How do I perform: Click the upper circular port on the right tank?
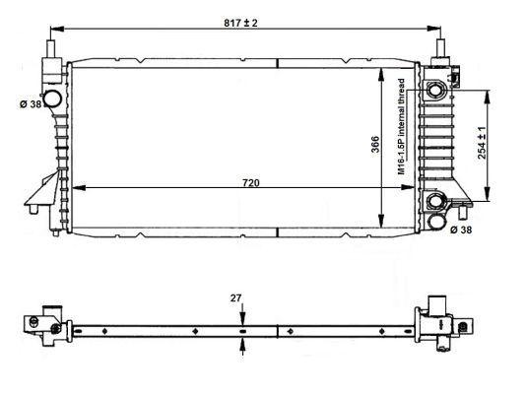pos(434,92)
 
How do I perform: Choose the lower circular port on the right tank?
pos(434,203)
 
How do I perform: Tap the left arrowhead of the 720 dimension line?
pos(80,186)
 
